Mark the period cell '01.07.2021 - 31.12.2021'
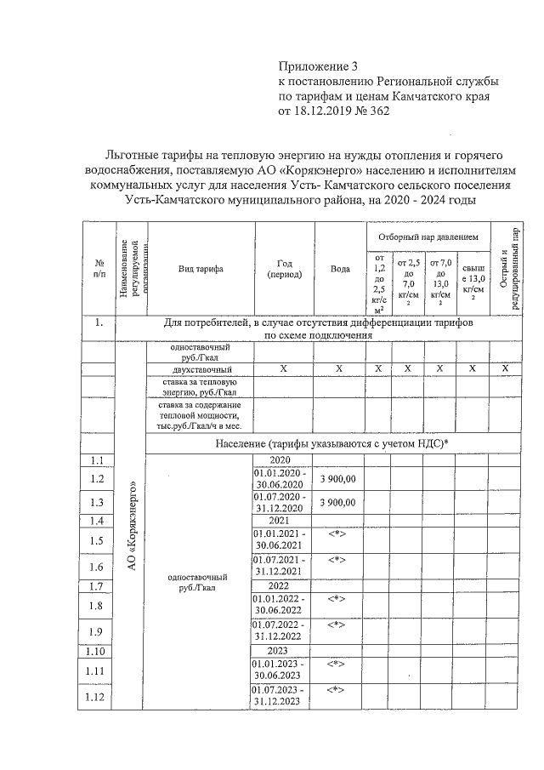[x=283, y=565]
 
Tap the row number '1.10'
[x=98, y=652]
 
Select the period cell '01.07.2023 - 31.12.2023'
[x=283, y=694]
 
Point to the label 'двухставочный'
[x=201, y=368]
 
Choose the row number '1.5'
[x=98, y=540]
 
